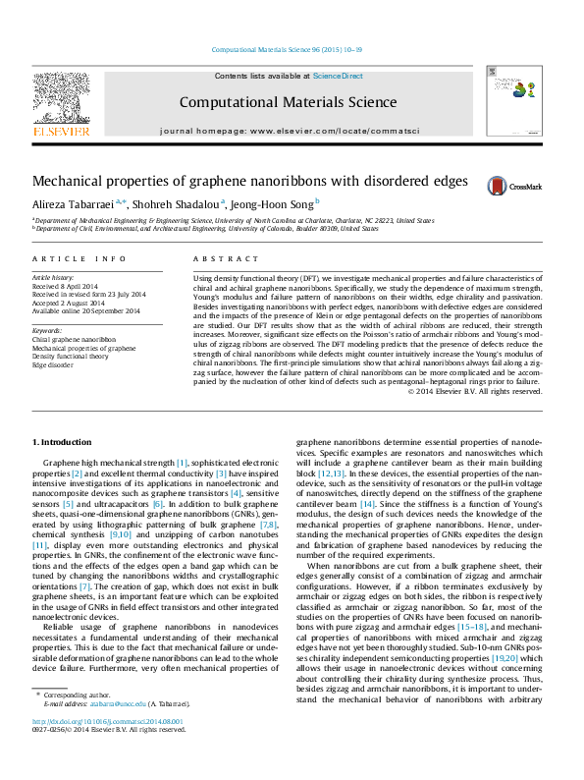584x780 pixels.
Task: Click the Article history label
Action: (x=55, y=278)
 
